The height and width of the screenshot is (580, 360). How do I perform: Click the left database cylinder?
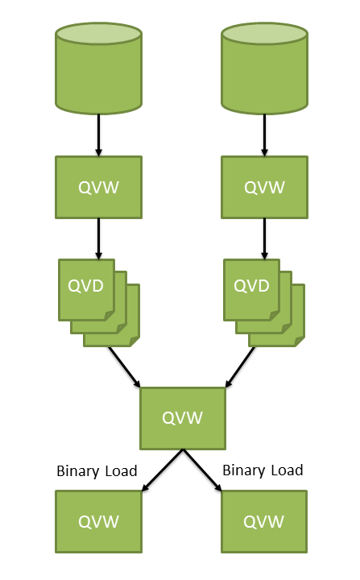[x=98, y=77]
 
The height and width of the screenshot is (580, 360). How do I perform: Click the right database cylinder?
[x=264, y=77]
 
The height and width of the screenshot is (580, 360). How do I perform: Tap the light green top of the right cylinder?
[x=264, y=35]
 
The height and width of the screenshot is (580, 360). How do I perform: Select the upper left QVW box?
[x=98, y=187]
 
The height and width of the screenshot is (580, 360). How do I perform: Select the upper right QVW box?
[x=264, y=187]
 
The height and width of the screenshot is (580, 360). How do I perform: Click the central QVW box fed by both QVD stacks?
[x=183, y=418]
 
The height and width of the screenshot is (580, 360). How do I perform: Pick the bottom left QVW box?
[x=98, y=521]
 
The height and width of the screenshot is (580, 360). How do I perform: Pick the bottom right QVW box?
[x=264, y=521]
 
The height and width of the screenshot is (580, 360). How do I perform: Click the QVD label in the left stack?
[x=85, y=286]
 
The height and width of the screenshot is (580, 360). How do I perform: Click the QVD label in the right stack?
[x=251, y=286]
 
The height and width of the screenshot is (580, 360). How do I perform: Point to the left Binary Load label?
[x=97, y=470]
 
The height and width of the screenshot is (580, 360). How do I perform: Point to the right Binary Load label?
[x=263, y=470]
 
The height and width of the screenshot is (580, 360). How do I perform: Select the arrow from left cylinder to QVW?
[x=98, y=134]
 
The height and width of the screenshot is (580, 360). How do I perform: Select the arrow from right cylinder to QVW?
[x=264, y=134]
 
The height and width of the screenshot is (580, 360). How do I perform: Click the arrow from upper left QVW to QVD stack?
[x=98, y=237]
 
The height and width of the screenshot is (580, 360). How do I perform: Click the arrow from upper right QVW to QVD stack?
[x=264, y=237]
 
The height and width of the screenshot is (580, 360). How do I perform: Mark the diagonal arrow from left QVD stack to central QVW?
[x=125, y=367]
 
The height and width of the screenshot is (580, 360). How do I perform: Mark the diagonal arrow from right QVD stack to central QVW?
[x=241, y=367]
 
